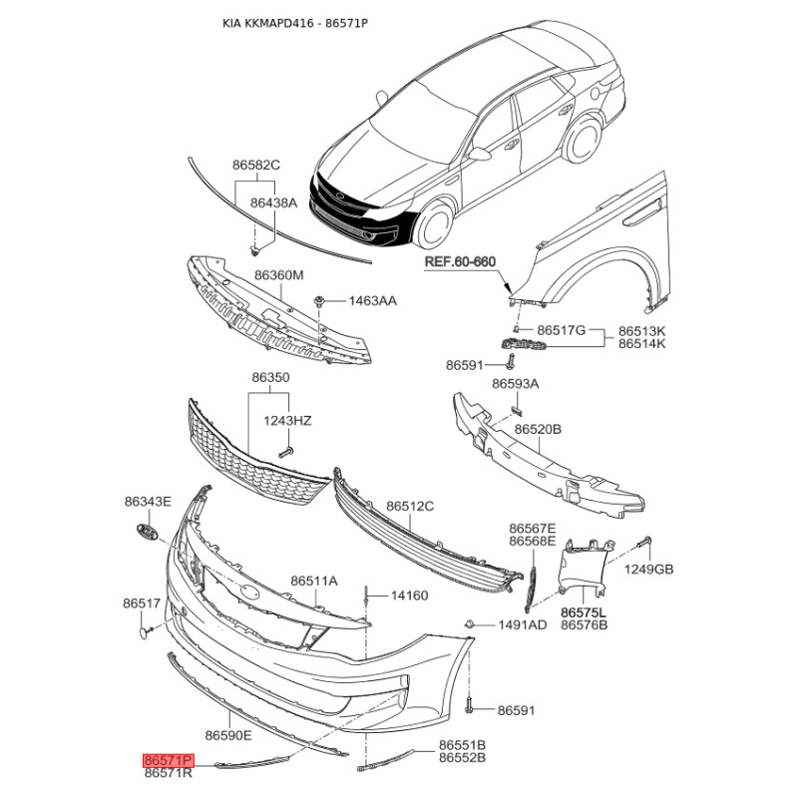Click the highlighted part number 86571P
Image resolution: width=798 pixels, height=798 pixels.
coord(169,759)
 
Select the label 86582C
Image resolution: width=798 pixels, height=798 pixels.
coord(256,165)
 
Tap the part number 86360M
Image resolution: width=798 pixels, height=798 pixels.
coord(278,275)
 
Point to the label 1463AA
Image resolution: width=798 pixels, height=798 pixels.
coord(372,300)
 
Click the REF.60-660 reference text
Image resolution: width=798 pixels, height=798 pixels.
coord(460,262)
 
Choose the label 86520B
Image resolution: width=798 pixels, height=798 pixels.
coord(539,429)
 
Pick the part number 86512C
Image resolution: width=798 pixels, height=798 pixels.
coord(410,507)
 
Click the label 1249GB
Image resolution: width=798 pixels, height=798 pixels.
coord(649,570)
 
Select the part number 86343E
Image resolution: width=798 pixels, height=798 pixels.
coord(148,501)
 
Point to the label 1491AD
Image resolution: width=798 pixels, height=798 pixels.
coord(523,625)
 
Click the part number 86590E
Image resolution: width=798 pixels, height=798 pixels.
coord(228,735)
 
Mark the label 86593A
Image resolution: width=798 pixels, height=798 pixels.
coord(515,383)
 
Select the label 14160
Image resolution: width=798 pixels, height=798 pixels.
coord(409,596)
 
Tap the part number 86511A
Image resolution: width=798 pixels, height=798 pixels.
coord(314,581)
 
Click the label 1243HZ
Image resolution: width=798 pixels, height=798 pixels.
coord(287,421)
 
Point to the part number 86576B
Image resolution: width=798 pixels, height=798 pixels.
coord(585,625)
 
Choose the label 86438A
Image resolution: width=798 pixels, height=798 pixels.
coord(273,202)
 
